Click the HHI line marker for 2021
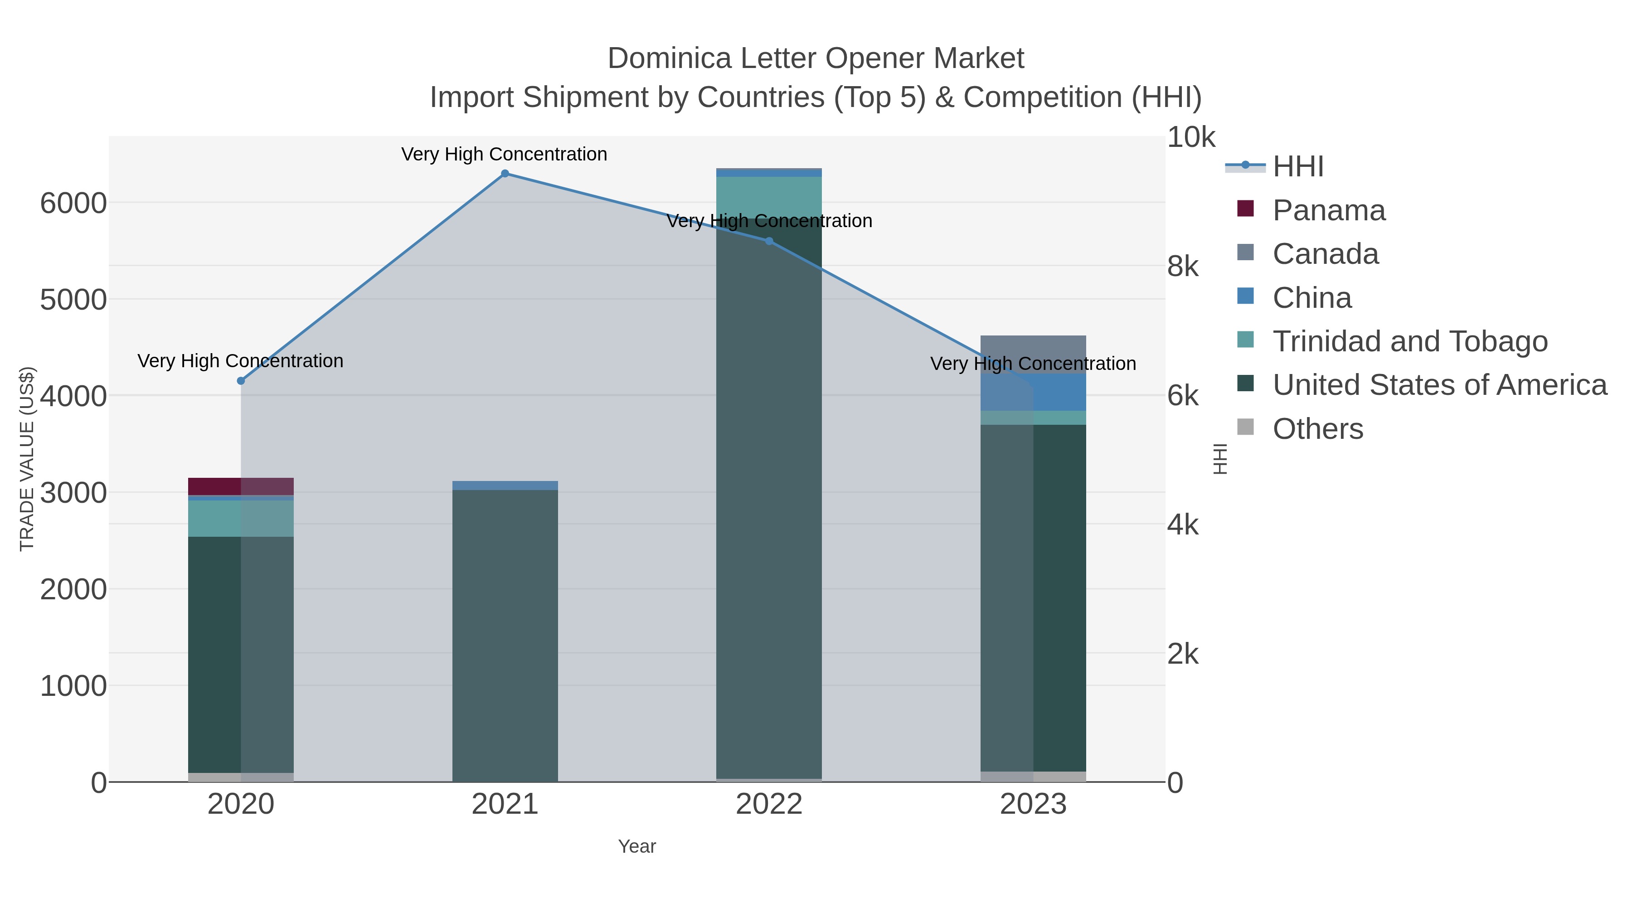(505, 174)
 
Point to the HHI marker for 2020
(241, 381)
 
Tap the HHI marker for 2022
(769, 241)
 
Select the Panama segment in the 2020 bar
(241, 486)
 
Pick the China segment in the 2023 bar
(1033, 392)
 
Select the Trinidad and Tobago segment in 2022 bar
(769, 196)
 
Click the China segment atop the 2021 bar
(505, 485)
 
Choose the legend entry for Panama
(1329, 210)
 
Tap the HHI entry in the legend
(1297, 167)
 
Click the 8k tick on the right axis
(1183, 267)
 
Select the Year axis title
(637, 846)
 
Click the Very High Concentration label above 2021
(504, 154)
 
